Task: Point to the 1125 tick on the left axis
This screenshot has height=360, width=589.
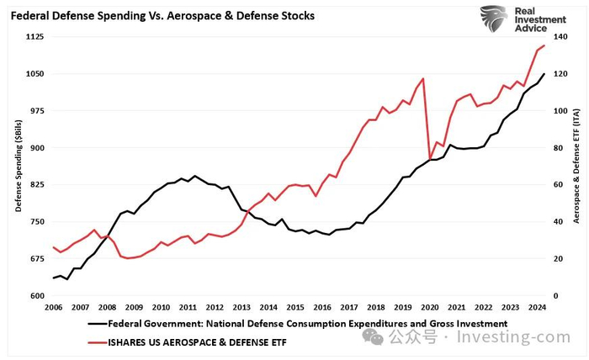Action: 34,37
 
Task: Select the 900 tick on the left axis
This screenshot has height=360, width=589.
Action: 37,148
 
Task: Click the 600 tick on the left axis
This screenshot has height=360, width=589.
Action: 37,296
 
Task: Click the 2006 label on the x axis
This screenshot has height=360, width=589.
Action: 54,308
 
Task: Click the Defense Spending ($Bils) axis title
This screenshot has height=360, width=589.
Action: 18,167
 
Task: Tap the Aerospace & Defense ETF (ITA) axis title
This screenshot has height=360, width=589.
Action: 577,167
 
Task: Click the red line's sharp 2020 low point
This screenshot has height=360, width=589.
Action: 430,159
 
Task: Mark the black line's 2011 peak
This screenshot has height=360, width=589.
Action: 195,176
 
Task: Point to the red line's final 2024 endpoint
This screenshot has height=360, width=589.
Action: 544,45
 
